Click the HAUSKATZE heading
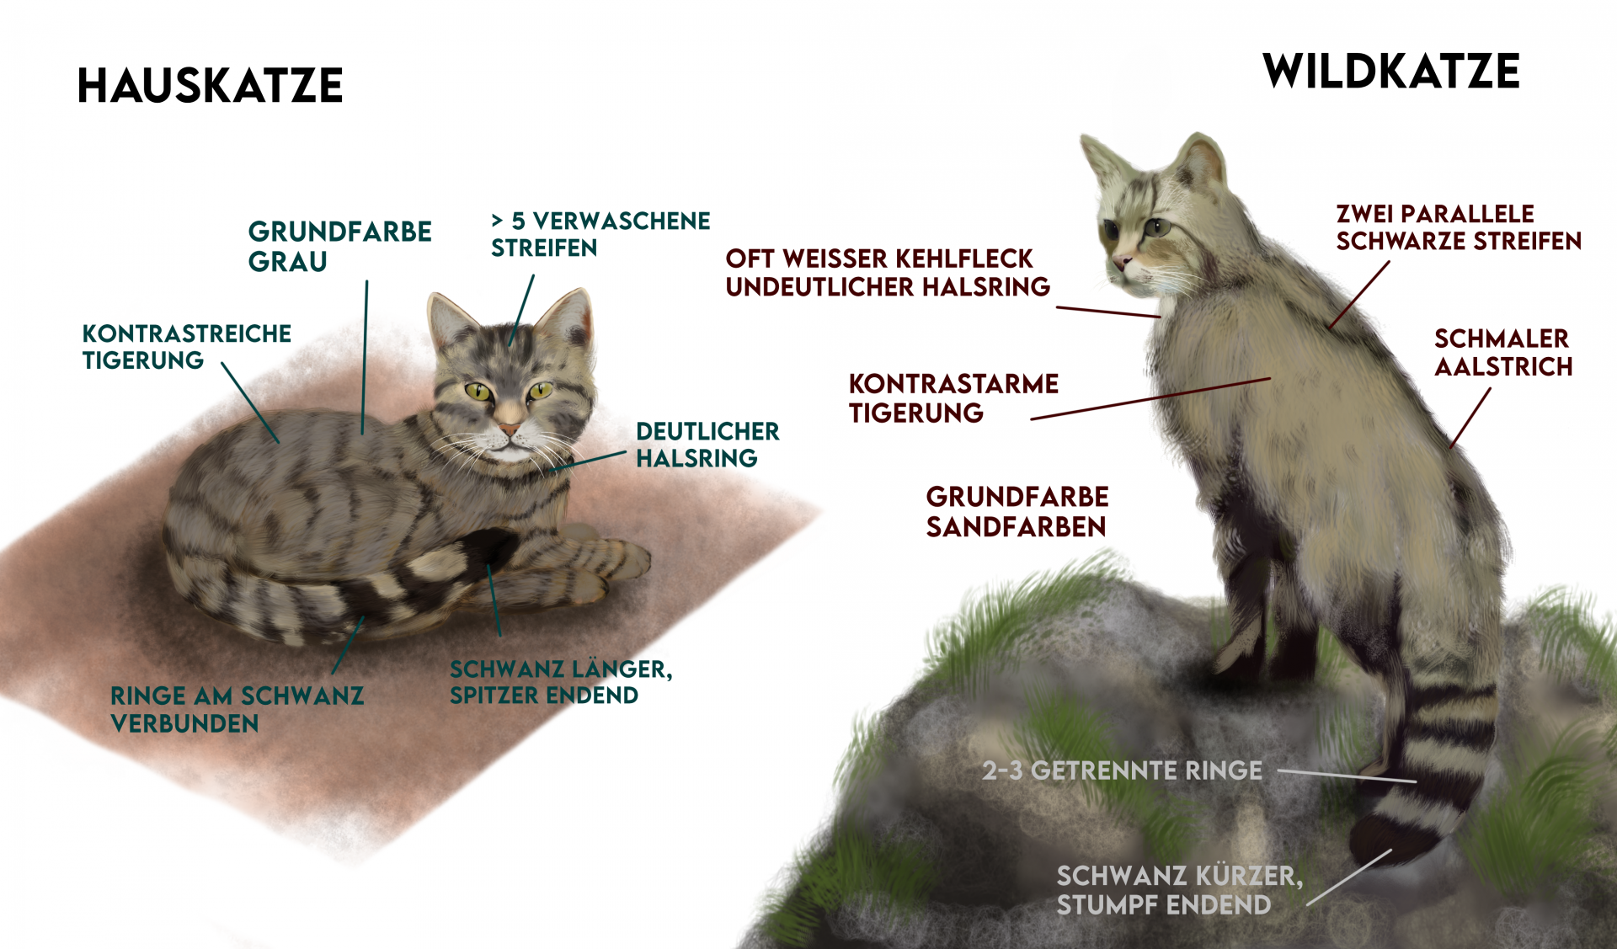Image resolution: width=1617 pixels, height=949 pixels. (210, 86)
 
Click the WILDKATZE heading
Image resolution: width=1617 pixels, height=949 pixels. (1391, 72)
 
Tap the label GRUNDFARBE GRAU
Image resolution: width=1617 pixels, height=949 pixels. (339, 246)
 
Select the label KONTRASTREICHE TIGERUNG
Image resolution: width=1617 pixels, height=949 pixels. (186, 346)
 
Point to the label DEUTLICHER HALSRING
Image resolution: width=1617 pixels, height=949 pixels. (707, 445)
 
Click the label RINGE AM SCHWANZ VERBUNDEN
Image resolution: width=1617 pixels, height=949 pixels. (237, 709)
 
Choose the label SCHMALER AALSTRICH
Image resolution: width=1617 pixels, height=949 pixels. (1502, 353)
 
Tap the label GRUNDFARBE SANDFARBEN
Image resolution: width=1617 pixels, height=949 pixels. (1017, 511)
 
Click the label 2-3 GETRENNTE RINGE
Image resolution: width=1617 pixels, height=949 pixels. (1122, 770)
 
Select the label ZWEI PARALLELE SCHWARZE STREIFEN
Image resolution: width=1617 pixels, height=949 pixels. (1459, 227)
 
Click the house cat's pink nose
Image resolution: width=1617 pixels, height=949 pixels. (510, 429)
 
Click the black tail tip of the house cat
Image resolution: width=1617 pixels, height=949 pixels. (493, 547)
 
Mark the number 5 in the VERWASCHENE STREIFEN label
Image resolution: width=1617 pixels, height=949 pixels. (519, 221)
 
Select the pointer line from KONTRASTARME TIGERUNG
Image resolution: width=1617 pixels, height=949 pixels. (1150, 399)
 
